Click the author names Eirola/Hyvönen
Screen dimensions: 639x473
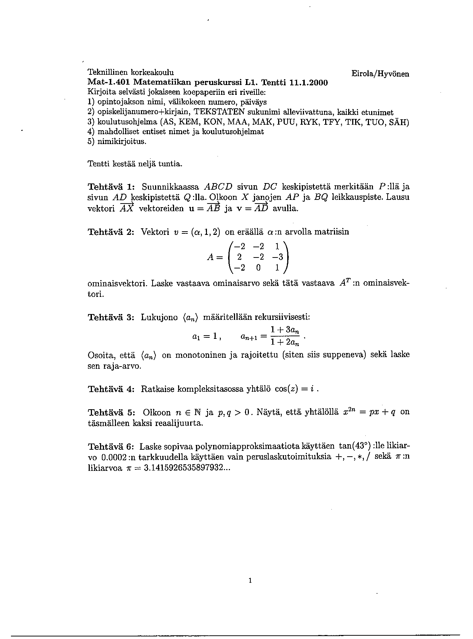click(x=380, y=74)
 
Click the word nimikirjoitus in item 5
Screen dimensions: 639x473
click(x=122, y=141)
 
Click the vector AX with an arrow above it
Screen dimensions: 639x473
click(x=127, y=209)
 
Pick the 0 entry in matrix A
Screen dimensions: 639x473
click(x=258, y=268)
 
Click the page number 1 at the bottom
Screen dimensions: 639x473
click(x=250, y=580)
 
